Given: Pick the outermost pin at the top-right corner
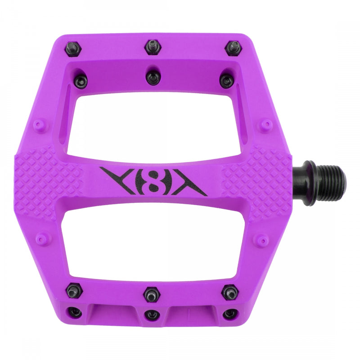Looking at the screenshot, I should pyautogui.click(x=233, y=47).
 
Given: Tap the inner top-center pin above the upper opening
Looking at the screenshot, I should pyautogui.click(x=153, y=78).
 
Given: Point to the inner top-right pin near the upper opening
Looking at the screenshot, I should pyautogui.click(x=226, y=81).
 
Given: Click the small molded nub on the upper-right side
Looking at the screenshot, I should pyautogui.click(x=266, y=123).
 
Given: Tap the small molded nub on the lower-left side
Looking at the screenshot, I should pyautogui.click(x=41, y=239).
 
